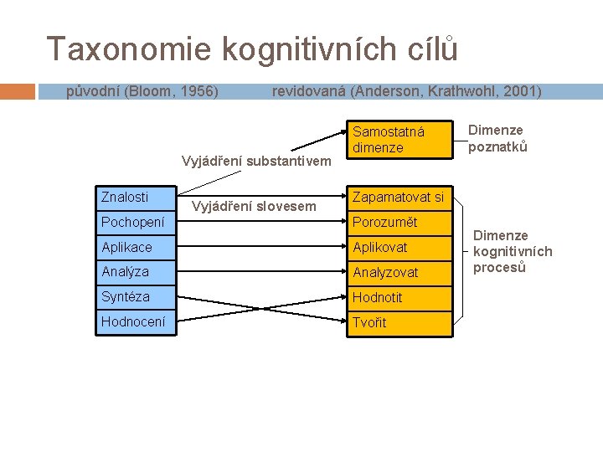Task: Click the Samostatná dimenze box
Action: point(399,140)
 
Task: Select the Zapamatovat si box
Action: point(399,198)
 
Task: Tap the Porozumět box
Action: point(399,223)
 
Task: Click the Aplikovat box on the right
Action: point(399,248)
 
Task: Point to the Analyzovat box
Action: point(399,272)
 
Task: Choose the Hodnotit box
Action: point(399,297)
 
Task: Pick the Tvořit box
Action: point(399,322)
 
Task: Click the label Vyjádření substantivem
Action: point(257,161)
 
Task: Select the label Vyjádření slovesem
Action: point(254,206)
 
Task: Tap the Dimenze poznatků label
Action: point(497,138)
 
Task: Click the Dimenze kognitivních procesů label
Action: point(513,252)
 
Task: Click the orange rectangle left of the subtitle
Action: point(18,91)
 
